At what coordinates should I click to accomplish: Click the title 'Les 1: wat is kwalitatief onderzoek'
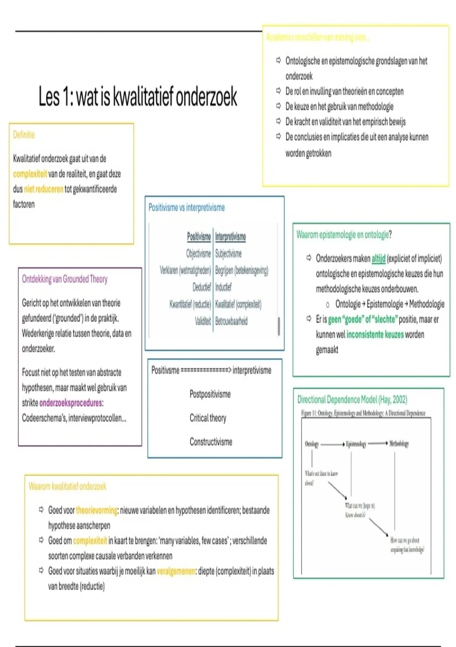point(138,97)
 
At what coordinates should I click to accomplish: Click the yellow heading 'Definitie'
point(24,135)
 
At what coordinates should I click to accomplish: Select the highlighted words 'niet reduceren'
point(43,189)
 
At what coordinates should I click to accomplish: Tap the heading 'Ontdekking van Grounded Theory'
point(65,279)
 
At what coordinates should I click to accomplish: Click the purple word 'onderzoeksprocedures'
point(71,403)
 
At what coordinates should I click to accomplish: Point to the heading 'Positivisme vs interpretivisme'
point(186,208)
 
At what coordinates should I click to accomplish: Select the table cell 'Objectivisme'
point(198,253)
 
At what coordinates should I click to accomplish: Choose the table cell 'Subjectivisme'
point(228,253)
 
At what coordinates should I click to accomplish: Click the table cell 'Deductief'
point(201,287)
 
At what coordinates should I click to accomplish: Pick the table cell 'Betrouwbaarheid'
point(231,321)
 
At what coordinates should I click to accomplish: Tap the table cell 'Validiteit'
point(203,321)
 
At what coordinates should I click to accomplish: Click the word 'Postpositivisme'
point(210,394)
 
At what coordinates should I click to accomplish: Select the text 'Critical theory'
point(208,418)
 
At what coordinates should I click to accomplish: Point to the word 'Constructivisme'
point(211,442)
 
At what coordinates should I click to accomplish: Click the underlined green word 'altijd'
point(378,259)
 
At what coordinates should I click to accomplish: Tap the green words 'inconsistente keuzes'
point(375,335)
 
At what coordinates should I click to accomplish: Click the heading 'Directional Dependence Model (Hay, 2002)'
point(352,400)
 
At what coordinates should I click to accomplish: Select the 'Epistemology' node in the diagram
point(356,444)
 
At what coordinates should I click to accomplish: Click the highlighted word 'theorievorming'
point(97,510)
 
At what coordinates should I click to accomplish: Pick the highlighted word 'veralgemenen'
point(176,571)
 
